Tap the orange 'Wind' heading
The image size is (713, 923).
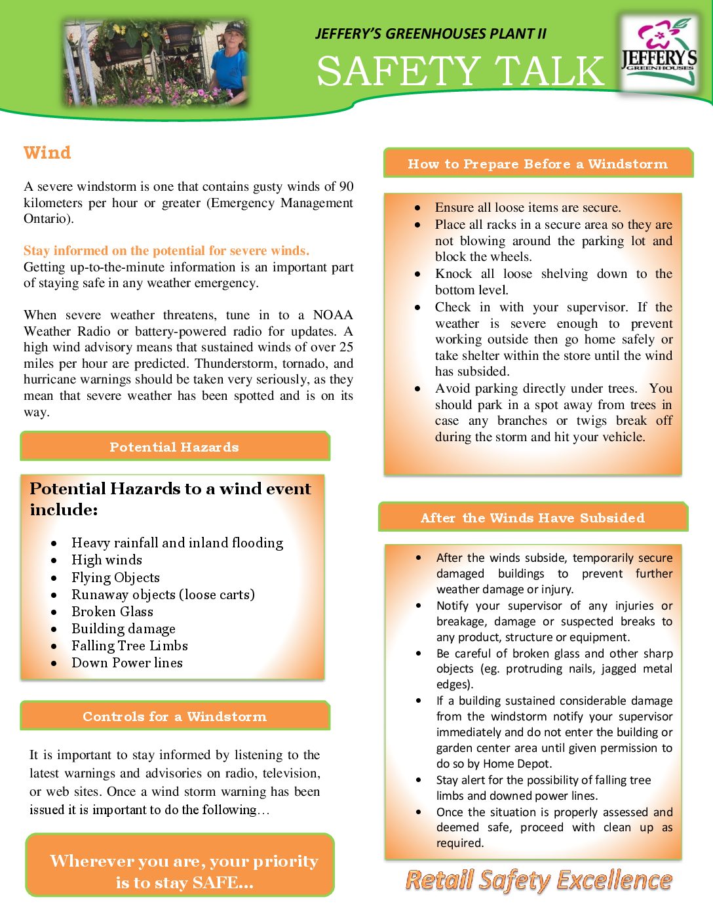click(47, 153)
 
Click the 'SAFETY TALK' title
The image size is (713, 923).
click(460, 71)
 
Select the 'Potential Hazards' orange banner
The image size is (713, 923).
click(174, 447)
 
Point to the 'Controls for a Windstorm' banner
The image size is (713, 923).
click(174, 717)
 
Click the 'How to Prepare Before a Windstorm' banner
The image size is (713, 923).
click(537, 164)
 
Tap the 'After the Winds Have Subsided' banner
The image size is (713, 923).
click(532, 518)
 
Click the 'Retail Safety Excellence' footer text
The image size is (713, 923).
click(539, 880)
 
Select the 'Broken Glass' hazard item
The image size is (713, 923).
click(112, 612)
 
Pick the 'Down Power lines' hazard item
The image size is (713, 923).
click(127, 663)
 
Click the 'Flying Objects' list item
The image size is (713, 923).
click(115, 578)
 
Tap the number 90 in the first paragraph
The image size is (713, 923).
click(346, 187)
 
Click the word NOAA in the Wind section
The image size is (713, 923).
click(333, 315)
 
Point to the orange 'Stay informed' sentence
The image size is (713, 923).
click(166, 250)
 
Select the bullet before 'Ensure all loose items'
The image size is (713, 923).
click(417, 208)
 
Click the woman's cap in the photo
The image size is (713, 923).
click(234, 29)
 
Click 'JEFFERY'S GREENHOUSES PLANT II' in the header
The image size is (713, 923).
click(431, 33)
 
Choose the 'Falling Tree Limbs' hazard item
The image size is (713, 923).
click(130, 646)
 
